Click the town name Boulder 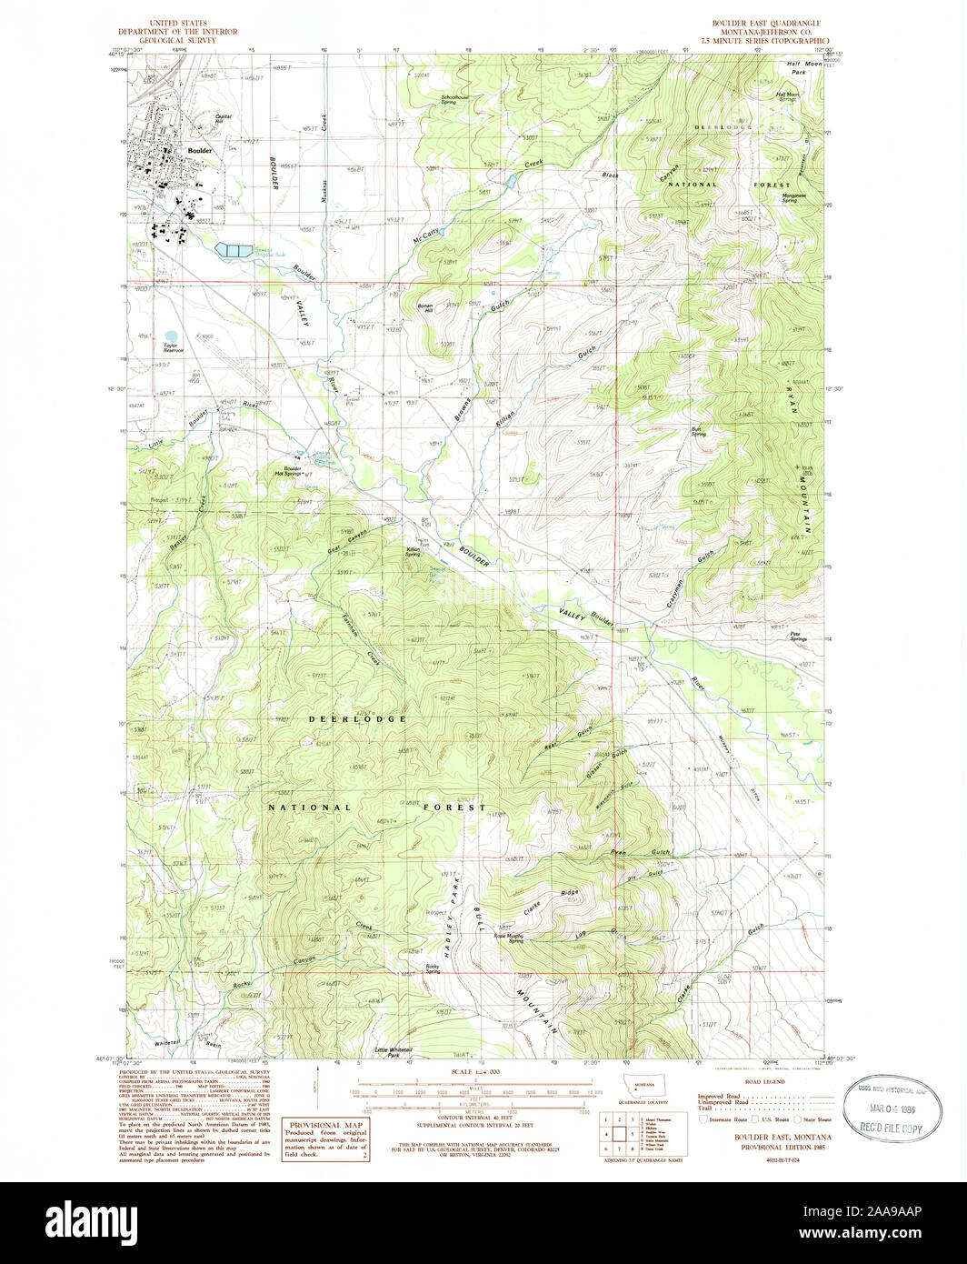pos(198,150)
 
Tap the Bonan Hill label pos(425,307)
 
